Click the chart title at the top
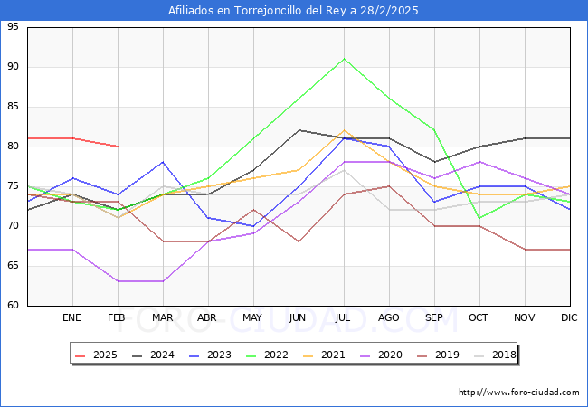coord(294,11)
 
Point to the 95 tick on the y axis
coord(14,27)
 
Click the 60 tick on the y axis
coord(14,305)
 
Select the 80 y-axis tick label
coord(14,147)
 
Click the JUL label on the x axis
coord(344,318)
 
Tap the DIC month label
coord(569,318)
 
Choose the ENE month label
coord(72,318)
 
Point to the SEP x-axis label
coord(434,318)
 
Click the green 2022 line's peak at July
coord(344,59)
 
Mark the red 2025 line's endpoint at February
coord(118,147)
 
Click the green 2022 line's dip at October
coord(479,218)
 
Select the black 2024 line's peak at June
coord(299,130)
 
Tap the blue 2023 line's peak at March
coord(163,162)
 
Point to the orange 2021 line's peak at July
coord(344,130)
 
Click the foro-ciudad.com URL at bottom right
coord(519,393)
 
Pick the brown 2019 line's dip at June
coord(299,241)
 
